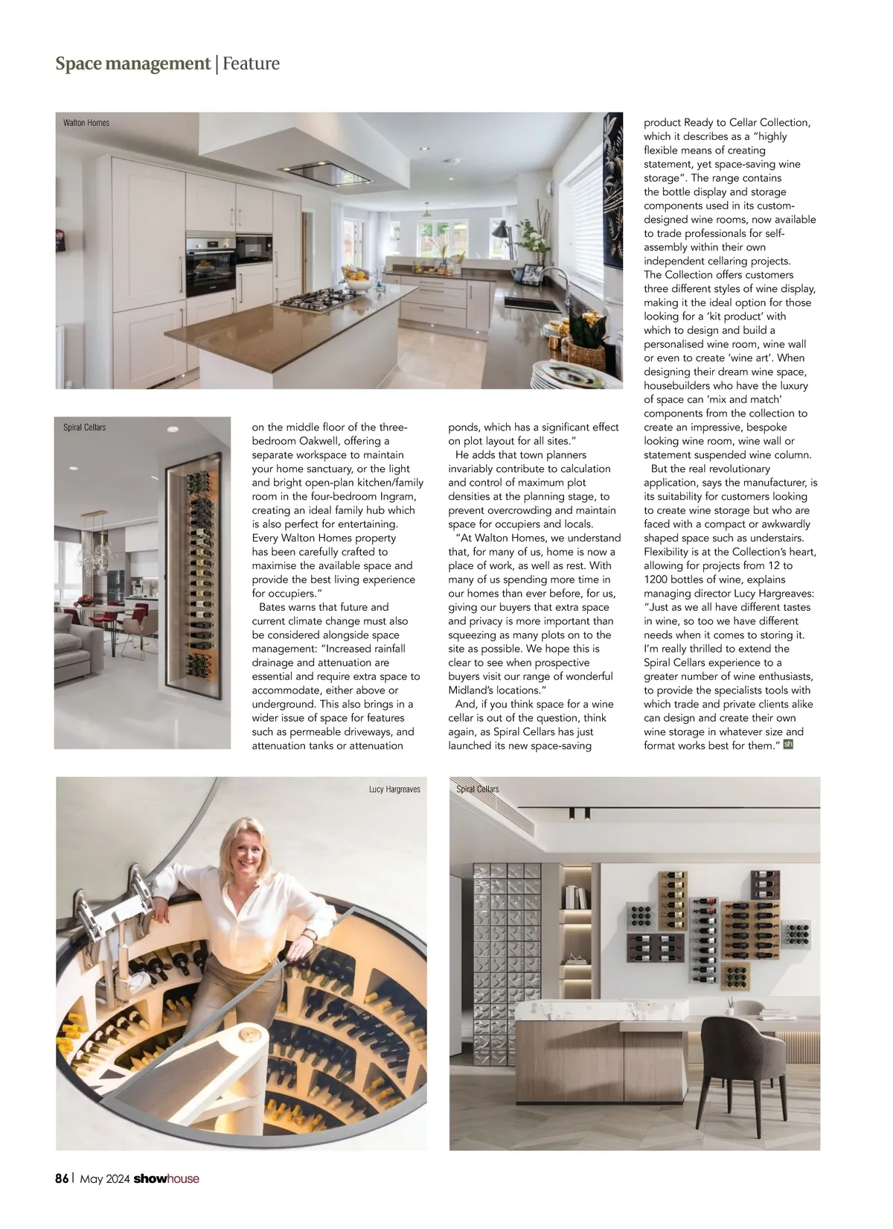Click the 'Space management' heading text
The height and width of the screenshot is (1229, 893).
coord(132,64)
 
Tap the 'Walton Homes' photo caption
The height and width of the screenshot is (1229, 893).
coord(86,123)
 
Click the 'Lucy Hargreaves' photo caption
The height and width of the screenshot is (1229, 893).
coord(394,789)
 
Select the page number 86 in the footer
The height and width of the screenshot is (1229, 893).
coord(62,1178)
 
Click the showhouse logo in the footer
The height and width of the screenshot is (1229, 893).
coord(167,1178)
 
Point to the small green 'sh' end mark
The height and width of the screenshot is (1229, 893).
coord(789,743)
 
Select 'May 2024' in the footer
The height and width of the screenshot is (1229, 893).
coord(105,1178)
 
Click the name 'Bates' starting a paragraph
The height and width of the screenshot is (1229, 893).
coord(275,607)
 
